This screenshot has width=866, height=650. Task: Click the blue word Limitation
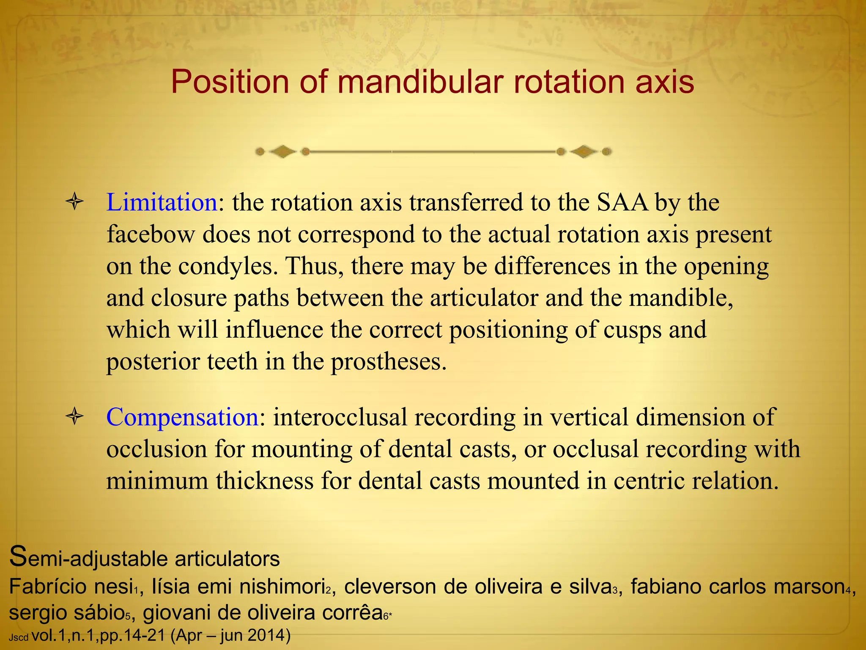162,202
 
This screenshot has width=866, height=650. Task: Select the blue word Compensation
182,417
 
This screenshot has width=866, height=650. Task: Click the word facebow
150,234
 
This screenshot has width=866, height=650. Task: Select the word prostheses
389,362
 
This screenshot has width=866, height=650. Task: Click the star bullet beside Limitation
75,202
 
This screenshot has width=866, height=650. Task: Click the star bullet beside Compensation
75,417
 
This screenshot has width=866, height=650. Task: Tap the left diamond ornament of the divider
282,151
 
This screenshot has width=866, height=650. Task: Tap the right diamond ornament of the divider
584,151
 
